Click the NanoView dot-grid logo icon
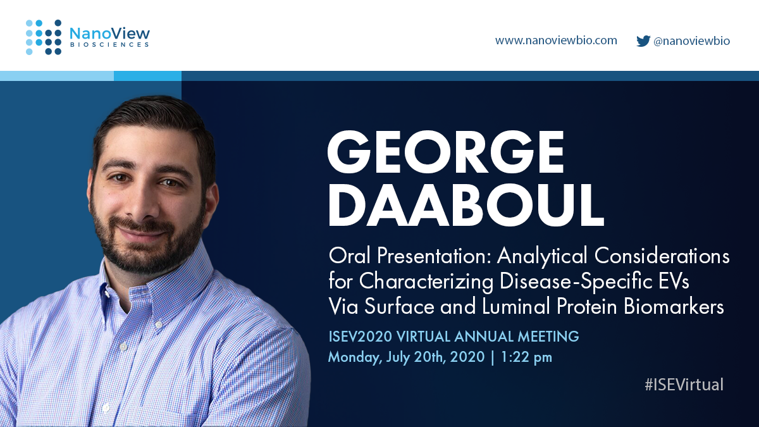coord(44,37)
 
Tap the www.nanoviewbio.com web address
coord(556,40)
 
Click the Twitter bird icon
coord(643,40)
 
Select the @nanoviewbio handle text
coord(691,41)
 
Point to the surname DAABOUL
coord(465,206)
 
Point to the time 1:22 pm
coord(527,357)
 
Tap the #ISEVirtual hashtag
coord(684,385)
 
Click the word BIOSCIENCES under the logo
coord(109,46)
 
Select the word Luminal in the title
coord(531,307)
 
